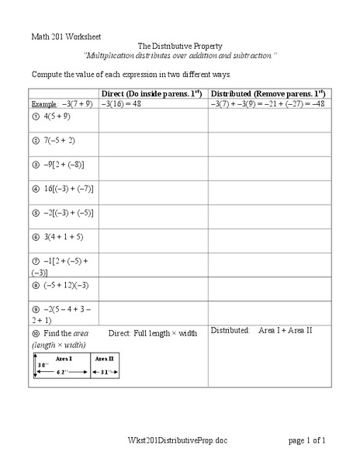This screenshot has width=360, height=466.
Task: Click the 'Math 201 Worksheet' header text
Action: [x=65, y=37]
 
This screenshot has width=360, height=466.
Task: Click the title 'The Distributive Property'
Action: [x=180, y=47]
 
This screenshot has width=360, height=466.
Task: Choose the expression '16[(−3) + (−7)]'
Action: [x=69, y=187]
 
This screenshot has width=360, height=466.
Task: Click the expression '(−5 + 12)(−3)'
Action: [x=67, y=284]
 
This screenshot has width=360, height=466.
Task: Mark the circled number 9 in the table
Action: [x=36, y=308]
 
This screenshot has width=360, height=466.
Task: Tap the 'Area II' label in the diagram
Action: [x=105, y=359]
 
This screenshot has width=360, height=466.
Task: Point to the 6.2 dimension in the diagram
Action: [x=61, y=373]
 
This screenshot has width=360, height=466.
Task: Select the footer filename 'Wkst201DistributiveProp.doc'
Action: [x=180, y=440]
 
